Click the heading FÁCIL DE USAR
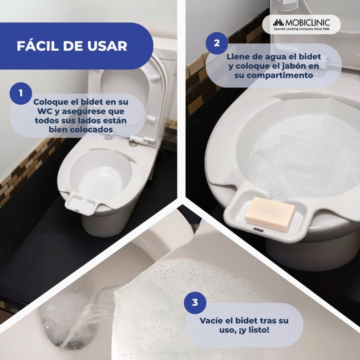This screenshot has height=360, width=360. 72,46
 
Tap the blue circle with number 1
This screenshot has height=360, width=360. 21,94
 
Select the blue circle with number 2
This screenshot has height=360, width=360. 217,43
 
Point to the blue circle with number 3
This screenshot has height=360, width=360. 195,303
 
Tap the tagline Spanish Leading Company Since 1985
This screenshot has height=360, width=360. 301,29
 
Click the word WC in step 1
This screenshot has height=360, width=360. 45,111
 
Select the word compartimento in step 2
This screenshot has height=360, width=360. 274,75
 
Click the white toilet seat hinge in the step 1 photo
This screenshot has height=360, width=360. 139,139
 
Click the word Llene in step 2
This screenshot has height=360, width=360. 237,57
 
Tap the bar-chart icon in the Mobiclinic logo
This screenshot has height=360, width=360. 279,23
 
